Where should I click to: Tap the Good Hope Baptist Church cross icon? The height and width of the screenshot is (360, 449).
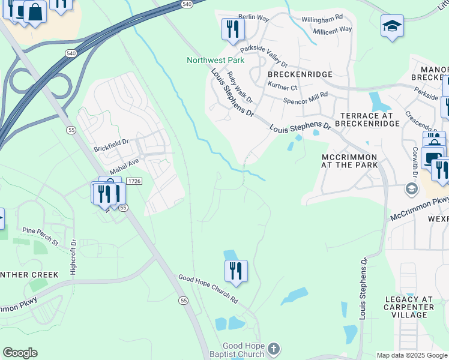273,348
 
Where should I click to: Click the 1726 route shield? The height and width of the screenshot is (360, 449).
134,181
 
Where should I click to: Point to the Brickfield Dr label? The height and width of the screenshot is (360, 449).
111,147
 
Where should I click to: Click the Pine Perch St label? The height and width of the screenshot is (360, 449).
40,236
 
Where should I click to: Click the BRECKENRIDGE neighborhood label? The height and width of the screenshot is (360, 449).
300,74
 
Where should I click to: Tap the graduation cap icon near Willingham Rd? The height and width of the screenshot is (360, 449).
392,26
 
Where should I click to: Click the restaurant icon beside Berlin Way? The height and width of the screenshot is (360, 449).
232,29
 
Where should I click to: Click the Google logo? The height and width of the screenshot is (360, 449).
20,353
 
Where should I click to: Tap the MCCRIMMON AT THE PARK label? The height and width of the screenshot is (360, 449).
349,161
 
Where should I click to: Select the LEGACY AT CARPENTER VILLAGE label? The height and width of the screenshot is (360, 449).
409,307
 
